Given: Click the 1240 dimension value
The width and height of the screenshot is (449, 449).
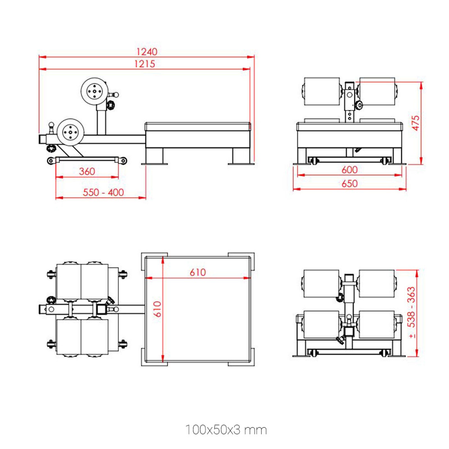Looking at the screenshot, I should click(147, 52).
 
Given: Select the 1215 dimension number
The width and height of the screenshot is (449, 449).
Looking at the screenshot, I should click(145, 64).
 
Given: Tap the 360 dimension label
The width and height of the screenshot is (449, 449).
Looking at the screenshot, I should click(87, 171).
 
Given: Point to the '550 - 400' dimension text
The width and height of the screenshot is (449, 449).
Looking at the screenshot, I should click(103, 192).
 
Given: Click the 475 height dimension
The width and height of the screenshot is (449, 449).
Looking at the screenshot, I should click(416, 123).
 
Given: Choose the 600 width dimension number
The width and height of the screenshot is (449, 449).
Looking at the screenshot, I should click(349, 169).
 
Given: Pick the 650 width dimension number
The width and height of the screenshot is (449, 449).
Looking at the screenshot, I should click(349, 184).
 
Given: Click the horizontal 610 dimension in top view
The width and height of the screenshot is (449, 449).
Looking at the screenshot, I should click(198, 272).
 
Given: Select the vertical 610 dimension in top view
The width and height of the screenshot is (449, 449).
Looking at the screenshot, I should click(157, 309).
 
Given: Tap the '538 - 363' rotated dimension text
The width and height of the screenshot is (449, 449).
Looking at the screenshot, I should click(411, 307).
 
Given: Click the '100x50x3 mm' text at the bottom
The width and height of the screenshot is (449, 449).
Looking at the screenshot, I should click(226, 430).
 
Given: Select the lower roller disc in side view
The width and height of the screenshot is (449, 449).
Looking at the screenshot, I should click(70, 132).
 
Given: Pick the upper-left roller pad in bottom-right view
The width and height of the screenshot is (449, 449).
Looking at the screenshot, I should click(322, 283).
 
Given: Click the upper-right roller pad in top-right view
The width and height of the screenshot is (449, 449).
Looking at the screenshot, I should click(377, 91).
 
